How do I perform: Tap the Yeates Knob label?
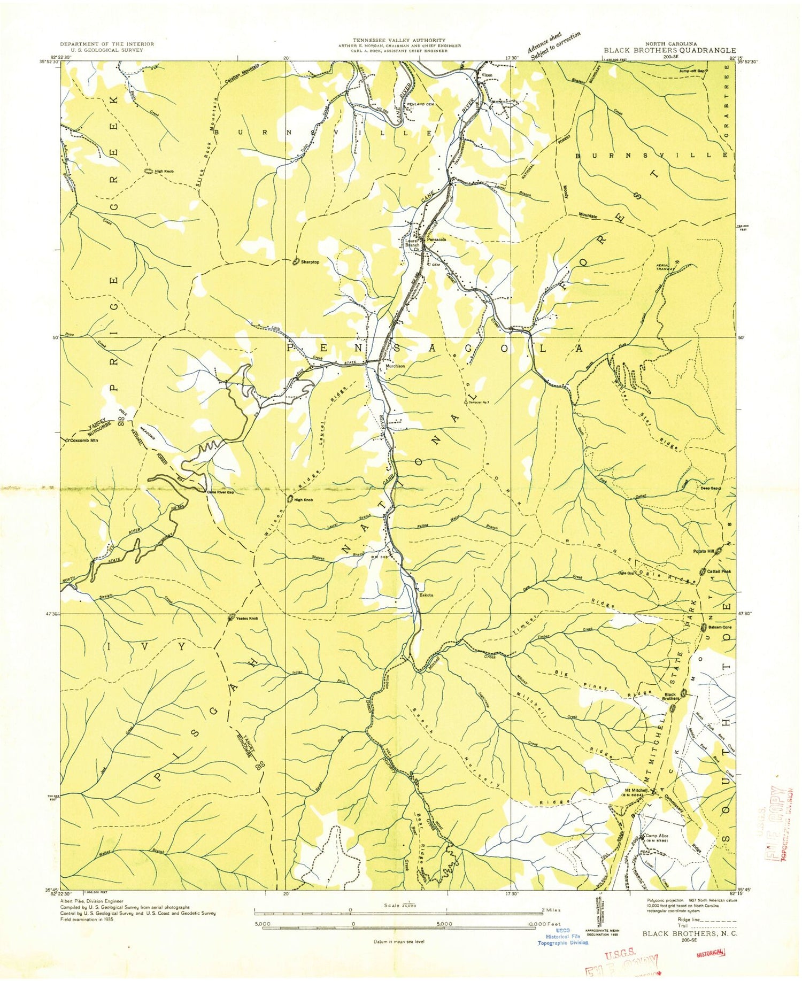click(247, 619)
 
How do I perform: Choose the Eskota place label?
click(426, 593)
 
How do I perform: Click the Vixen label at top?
click(486, 75)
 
